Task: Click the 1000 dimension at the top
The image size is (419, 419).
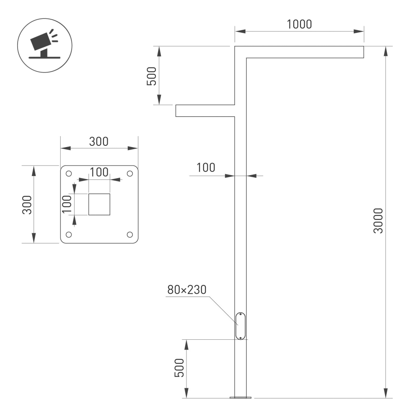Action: pyautogui.click(x=299, y=24)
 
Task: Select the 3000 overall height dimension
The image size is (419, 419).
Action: pyautogui.click(x=378, y=221)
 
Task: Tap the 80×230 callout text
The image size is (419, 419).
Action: pyautogui.click(x=187, y=290)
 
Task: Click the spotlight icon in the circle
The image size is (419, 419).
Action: pyautogui.click(x=44, y=44)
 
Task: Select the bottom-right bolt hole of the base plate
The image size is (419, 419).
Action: pyautogui.click(x=129, y=234)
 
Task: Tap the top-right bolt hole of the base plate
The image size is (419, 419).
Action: pyautogui.click(x=129, y=173)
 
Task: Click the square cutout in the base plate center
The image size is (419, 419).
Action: pyautogui.click(x=99, y=204)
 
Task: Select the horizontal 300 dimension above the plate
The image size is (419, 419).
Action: pyautogui.click(x=99, y=142)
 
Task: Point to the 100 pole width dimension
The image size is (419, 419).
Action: pyautogui.click(x=206, y=168)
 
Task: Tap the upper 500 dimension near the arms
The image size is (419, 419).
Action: pyautogui.click(x=152, y=76)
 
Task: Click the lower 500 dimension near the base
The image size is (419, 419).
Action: pyautogui.click(x=179, y=368)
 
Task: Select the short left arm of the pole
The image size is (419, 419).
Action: pyautogui.click(x=204, y=111)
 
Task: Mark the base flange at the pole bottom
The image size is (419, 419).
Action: pyautogui.click(x=241, y=396)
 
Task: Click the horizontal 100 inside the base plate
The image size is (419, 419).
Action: pyautogui.click(x=99, y=172)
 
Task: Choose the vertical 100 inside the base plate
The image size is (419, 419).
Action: pyautogui.click(x=67, y=204)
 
